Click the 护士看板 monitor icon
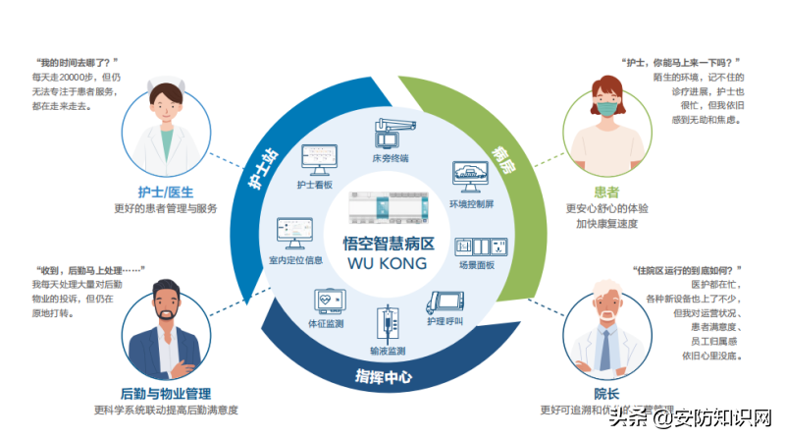pos(317,158)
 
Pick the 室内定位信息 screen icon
pos(293,233)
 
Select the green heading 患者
pos(607,193)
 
